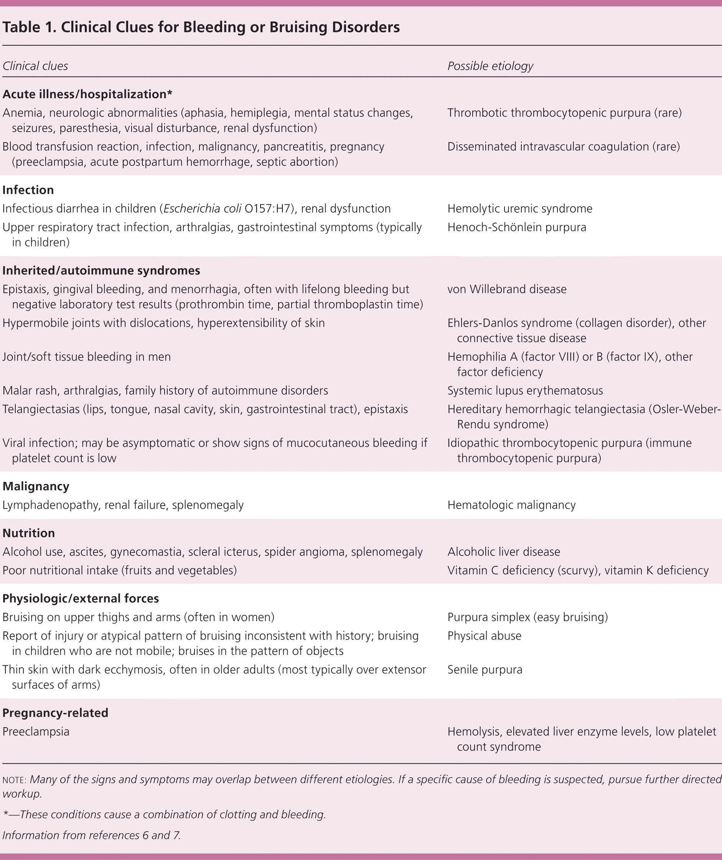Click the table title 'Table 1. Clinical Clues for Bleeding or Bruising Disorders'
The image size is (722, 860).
pos(201,27)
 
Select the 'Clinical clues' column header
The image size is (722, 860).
pos(35,66)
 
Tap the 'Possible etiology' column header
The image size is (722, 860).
pos(490,66)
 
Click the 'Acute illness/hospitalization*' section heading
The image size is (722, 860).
pos(87,94)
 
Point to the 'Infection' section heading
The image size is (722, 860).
pos(28,190)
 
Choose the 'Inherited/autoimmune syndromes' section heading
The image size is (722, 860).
pos(101,271)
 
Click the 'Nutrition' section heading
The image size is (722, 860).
pos(29,533)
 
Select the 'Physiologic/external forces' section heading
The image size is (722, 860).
pos(81,599)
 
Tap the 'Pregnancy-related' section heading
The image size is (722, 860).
pos(55,713)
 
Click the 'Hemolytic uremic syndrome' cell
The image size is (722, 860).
pos(520,209)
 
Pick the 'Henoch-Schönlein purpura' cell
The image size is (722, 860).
pos(516,227)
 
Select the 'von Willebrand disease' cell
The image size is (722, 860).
pos(507,289)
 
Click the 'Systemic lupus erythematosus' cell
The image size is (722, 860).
pos(525,391)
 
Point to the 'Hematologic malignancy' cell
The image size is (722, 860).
pos(511,505)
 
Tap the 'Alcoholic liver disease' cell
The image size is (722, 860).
pos(503,552)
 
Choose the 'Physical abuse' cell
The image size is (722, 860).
pos(484,636)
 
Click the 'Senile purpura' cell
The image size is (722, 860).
pos(485,670)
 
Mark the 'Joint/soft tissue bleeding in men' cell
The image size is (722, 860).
pos(86,357)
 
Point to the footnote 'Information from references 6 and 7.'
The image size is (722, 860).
pos(91,835)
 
